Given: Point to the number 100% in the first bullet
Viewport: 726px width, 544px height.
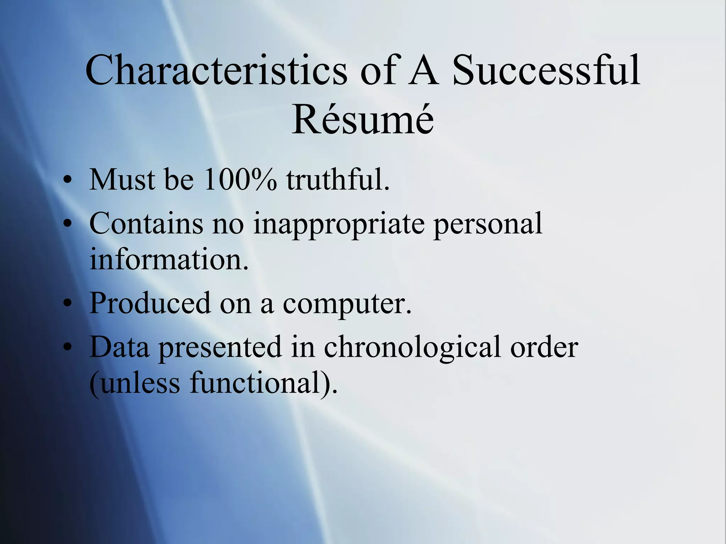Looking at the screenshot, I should pos(240,180).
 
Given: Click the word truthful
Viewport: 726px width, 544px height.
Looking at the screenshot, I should pos(338,180).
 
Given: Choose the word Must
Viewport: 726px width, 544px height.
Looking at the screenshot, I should pos(122,180).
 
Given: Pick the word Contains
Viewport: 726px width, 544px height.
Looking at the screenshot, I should pos(146,223).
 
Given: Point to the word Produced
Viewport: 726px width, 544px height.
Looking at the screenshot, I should pos(150,303).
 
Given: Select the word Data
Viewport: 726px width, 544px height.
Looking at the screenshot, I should pos(119,347).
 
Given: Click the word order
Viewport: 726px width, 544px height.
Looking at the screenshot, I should pos(544,347).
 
